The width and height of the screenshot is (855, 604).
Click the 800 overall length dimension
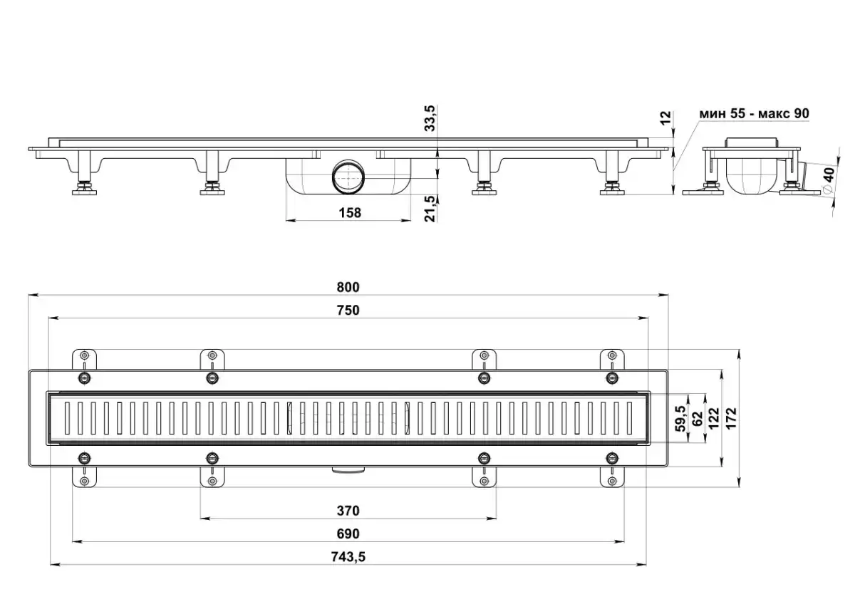pos(348,287)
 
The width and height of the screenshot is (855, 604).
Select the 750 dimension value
pos(348,311)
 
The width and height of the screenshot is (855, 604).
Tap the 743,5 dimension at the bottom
pos(348,557)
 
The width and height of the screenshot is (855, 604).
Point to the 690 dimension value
pos(348,533)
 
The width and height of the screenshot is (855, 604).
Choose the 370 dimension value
pos(348,511)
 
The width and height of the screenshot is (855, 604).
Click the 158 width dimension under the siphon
pos(350,213)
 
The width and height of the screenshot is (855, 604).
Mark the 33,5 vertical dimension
pos(430,118)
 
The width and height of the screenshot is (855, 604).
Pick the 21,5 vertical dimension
pos(430,209)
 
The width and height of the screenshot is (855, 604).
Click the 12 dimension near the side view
pos(665,118)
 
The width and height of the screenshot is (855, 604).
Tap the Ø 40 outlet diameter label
pos(829,179)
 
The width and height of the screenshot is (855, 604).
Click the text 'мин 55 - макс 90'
pos(754,114)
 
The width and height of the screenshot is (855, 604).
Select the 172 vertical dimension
pos(730,418)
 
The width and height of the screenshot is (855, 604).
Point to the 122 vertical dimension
pos(714,418)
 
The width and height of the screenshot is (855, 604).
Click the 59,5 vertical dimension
pos(680,418)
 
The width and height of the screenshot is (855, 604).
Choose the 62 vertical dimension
pos(698,418)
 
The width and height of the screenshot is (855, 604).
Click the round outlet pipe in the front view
pos(348,177)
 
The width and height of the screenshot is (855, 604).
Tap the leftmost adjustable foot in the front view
pos(84,173)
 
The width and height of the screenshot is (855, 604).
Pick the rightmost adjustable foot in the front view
pos(612,173)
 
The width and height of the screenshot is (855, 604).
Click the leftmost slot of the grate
pos(68,418)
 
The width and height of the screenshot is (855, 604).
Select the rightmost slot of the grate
pos(629,418)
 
